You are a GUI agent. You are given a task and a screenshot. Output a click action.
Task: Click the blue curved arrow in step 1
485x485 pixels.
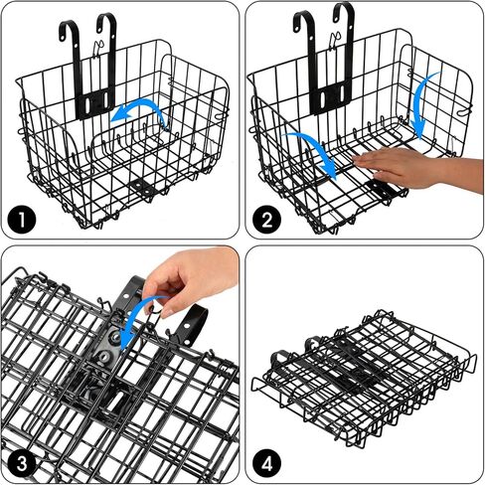(x=139, y=111)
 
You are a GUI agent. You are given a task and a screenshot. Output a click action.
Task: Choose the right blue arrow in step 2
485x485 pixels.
(x=421, y=104)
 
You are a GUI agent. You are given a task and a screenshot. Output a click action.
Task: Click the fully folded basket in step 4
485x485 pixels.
(x=362, y=373)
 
